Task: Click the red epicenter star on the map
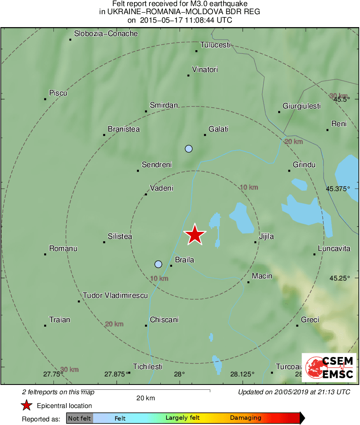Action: pyautogui.click(x=195, y=234)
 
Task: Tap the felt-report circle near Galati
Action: pyautogui.click(x=188, y=149)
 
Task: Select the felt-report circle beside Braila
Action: pyautogui.click(x=158, y=264)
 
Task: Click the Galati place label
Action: pyautogui.click(x=218, y=129)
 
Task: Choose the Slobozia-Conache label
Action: pyautogui.click(x=106, y=34)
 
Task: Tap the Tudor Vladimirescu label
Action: pyautogui.click(x=115, y=295)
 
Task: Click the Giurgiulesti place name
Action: pyautogui.click(x=302, y=106)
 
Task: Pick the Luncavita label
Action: pyautogui.click(x=334, y=249)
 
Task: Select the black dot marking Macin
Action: pyautogui.click(x=248, y=282)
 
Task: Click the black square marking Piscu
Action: pyautogui.click(x=45, y=99)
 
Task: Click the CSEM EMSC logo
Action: pyautogui.click(x=329, y=368)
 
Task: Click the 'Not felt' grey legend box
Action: pyautogui.click(x=79, y=418)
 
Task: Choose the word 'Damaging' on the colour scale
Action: pyautogui.click(x=245, y=418)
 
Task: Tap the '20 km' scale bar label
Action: pyautogui.click(x=145, y=398)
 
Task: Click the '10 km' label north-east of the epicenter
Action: pyautogui.click(x=249, y=187)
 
